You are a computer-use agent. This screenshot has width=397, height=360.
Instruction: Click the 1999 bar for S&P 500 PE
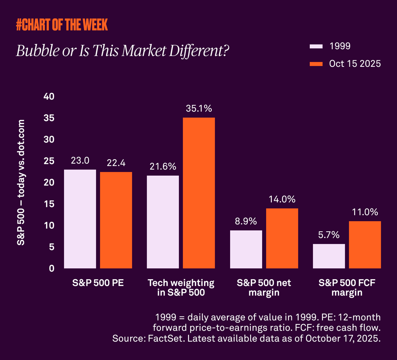pyautogui.click(x=80, y=219)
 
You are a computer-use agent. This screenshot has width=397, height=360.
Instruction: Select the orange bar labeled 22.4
pyautogui.click(x=116, y=220)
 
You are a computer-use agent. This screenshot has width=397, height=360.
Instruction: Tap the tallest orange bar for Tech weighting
pyautogui.click(x=199, y=193)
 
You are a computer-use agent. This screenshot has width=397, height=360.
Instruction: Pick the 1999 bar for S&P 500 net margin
pyautogui.click(x=246, y=249)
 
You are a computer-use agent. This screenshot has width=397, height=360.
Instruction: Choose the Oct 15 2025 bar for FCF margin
pyautogui.click(x=365, y=244)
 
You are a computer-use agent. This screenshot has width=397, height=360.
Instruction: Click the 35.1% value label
pyautogui.click(x=199, y=108)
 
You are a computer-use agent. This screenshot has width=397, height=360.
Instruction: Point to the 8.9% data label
pyautogui.click(x=246, y=221)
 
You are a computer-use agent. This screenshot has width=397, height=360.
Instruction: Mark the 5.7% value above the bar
pyautogui.click(x=329, y=235)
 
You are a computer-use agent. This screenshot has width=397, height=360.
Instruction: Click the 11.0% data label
pyautogui.click(x=365, y=212)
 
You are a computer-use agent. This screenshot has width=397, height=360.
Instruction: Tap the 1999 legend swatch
pyautogui.click(x=316, y=46)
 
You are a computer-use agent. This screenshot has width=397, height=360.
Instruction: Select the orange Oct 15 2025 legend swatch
pyautogui.click(x=316, y=64)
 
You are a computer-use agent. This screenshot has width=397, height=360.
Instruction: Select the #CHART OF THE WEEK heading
pyautogui.click(x=62, y=25)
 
